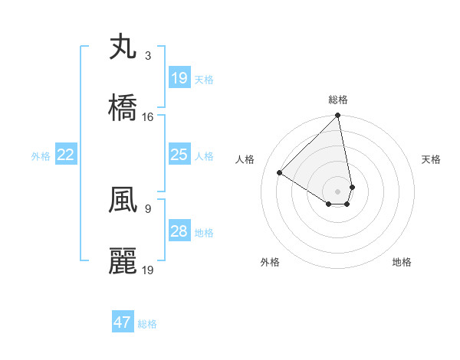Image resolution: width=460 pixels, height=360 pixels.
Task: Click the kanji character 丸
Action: pos(123,48)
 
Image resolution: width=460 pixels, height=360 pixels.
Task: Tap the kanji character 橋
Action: pos(123,107)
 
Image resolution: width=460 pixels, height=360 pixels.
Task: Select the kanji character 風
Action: pos(123,201)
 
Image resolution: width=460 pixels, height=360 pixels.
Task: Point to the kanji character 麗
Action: pos(123,261)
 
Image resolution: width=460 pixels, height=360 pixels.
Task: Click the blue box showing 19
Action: pos(179,78)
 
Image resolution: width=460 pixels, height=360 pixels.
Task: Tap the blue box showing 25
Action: pos(179,155)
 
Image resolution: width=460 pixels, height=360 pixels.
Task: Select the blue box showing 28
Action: pos(179,232)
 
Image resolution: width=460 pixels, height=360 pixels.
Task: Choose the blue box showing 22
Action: pos(66,155)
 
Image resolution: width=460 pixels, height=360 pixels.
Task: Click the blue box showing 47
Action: pos(123,322)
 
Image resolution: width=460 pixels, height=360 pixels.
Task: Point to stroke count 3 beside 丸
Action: pos(147,56)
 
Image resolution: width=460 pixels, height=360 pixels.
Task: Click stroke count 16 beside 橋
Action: pos(148,116)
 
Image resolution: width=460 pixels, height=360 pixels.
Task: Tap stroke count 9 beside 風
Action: pos(147,208)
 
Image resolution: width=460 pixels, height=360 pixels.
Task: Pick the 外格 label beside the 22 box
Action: pos(41,156)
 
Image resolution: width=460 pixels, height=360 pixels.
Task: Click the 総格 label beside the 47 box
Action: pos(147,323)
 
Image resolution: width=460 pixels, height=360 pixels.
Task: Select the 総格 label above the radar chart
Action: pos(338,100)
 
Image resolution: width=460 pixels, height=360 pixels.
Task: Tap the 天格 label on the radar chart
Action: pos(432,159)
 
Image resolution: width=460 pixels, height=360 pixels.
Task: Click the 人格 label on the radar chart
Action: pos(245,159)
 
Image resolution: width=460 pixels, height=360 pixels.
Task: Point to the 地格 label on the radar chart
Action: pos(402,262)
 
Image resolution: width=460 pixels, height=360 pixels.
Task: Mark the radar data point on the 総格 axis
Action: pos(338,116)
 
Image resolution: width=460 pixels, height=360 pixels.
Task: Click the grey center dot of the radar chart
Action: pos(338,191)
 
